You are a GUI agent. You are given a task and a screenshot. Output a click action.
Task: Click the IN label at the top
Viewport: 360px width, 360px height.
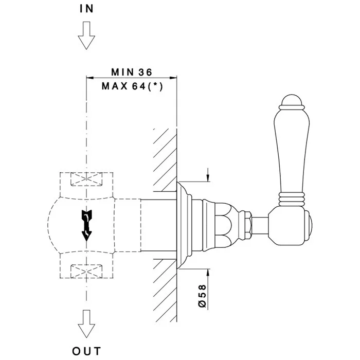(x=86, y=8)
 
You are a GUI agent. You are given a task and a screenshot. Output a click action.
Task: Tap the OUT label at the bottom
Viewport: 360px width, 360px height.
(x=86, y=351)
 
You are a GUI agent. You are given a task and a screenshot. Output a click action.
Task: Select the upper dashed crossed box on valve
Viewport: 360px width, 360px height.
(x=86, y=180)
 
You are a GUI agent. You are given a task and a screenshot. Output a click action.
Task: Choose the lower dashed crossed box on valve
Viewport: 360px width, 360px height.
(x=86, y=269)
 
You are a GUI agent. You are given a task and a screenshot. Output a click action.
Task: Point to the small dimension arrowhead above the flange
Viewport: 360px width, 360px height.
(x=208, y=176)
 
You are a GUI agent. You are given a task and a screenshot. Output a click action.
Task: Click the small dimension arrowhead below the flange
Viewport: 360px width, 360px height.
(x=208, y=273)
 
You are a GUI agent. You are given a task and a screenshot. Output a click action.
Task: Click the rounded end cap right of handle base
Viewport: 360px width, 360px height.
(x=311, y=224)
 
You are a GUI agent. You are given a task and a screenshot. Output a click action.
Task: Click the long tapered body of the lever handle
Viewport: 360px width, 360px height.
(x=292, y=149)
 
